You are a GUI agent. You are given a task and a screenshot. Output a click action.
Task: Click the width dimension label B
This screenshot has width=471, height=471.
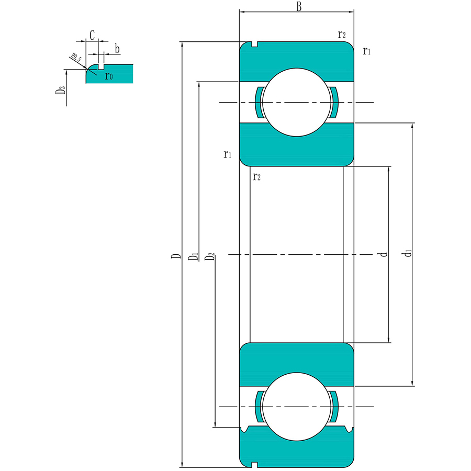pos(298,7)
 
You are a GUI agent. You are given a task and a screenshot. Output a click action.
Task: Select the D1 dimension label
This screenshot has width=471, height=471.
pos(194,256)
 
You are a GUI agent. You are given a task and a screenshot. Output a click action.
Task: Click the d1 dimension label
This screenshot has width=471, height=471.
pos(409,254)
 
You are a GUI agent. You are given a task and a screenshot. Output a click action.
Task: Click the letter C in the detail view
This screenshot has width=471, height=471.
pos(92,35)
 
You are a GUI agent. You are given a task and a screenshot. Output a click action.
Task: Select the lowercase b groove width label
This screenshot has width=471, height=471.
pos(117,49)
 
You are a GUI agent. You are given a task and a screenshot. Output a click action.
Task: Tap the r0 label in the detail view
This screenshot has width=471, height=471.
pos(109,76)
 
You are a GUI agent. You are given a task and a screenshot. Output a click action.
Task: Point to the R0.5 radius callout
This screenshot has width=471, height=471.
pos(75,58)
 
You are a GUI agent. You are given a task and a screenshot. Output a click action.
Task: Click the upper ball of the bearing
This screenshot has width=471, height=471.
pos(297,103)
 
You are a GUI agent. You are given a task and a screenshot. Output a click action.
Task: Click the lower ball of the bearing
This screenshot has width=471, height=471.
pos(297,407)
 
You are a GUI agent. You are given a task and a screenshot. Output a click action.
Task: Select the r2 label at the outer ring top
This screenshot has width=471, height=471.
pos(342,35)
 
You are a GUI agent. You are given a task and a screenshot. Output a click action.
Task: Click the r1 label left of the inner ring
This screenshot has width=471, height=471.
pos(227,154)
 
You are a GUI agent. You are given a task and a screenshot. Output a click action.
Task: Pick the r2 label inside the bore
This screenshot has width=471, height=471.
pos(256,176)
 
